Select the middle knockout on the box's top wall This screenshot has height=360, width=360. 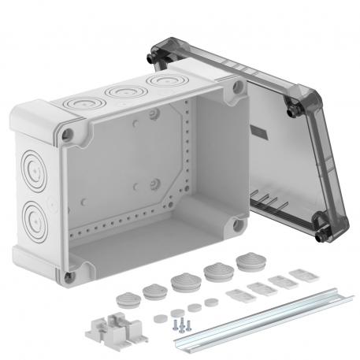pyautogui.click(x=124, y=91)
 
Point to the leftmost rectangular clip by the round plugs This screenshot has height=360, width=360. pyautogui.click(x=236, y=297)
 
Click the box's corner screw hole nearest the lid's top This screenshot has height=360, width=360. pyautogui.click(x=236, y=91)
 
